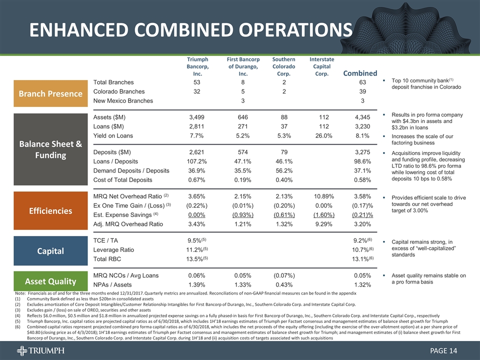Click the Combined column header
(x=359, y=73)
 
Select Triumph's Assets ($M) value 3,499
(x=196, y=117)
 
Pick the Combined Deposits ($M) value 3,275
(x=361, y=151)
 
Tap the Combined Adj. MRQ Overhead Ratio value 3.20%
(x=361, y=224)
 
